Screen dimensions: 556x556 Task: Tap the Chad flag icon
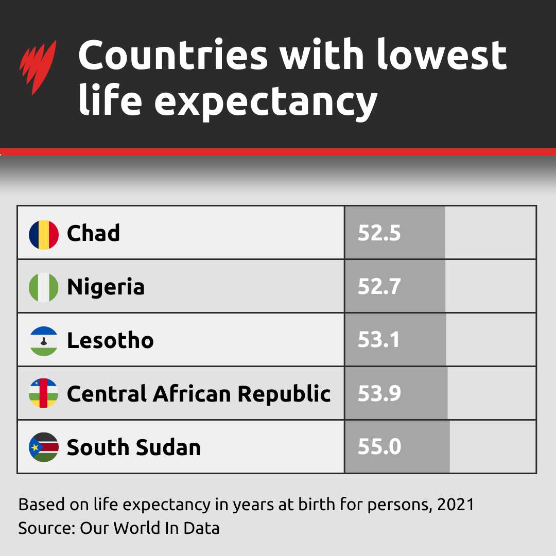coord(44,234)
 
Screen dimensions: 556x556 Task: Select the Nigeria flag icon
coord(44,287)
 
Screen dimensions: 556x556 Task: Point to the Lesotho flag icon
coord(44,341)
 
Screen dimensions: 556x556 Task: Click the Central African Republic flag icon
coord(44,393)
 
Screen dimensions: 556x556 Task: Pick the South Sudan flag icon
coord(44,447)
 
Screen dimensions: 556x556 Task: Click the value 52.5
coord(379,234)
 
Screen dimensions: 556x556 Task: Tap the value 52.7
coord(379,287)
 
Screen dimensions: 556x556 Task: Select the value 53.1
coord(378,340)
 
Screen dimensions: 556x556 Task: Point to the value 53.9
coord(379,394)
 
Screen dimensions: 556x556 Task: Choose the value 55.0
coord(379,447)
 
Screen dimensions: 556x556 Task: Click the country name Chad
coord(93,233)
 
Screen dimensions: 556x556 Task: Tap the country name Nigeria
coord(106,287)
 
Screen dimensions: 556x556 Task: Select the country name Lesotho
coord(110,340)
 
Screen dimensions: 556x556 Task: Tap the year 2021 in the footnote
coord(456,504)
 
